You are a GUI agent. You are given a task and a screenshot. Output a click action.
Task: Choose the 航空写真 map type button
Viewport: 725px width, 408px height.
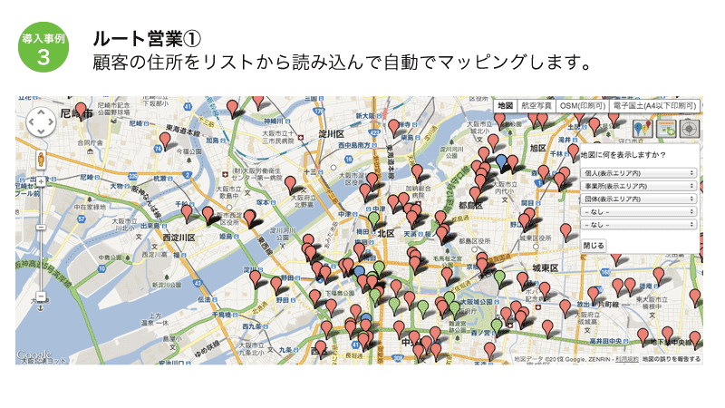tap(536, 106)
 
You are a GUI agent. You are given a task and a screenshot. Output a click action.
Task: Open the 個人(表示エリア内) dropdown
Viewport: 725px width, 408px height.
tap(638, 172)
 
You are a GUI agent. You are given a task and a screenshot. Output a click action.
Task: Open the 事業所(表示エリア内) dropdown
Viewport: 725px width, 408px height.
tap(638, 185)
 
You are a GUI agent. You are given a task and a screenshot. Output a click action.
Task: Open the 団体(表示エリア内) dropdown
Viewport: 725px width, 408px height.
tap(638, 198)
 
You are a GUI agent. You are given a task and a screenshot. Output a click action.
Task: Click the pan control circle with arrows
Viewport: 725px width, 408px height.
tap(41, 121)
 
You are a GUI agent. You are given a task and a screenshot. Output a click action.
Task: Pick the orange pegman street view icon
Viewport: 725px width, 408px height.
tap(41, 160)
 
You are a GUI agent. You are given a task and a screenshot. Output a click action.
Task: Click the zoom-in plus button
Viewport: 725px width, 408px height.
tap(41, 181)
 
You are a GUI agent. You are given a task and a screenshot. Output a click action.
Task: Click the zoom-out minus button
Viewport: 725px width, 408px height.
tap(41, 296)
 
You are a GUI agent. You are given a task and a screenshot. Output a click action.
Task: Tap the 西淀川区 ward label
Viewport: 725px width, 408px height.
tap(179, 238)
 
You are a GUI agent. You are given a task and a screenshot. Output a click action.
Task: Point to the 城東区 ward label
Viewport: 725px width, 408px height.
tap(546, 267)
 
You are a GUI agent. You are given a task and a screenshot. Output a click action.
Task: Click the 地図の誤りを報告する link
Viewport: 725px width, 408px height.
tap(671, 360)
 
